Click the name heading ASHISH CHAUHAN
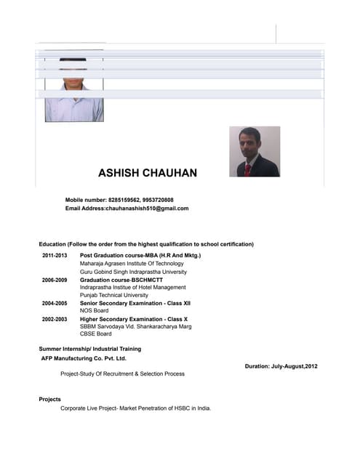tap(147, 173)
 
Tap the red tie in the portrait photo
tap(247, 169)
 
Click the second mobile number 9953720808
tap(158, 200)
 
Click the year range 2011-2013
tap(55, 256)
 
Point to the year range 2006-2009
tap(55, 280)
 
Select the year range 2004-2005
tap(55, 303)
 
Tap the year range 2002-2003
tap(55, 319)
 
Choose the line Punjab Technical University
tap(113, 295)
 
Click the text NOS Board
tap(94, 311)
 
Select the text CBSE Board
tap(96, 334)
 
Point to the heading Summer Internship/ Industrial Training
tap(90, 349)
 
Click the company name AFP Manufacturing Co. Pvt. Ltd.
tap(84, 358)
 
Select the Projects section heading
tap(49, 399)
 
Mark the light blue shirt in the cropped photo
tap(74, 108)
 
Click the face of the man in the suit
tap(249, 141)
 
